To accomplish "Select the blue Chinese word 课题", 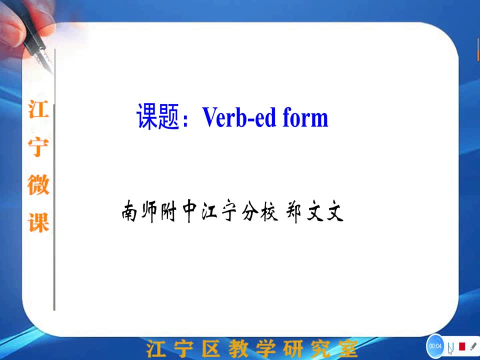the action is (157, 116).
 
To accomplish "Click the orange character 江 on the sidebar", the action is (38, 108).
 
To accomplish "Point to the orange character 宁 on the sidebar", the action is (38, 147).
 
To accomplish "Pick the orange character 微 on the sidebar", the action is (38, 184).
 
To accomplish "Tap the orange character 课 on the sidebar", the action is (38, 222).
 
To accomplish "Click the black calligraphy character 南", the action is (129, 211).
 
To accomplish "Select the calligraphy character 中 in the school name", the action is (189, 211).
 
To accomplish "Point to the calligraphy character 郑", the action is (293, 211).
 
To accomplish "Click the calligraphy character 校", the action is (269, 211).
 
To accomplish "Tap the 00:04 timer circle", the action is (435, 346).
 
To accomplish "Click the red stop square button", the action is (462, 346).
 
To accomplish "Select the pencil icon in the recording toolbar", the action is (473, 346).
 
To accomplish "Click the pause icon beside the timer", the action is (450, 346).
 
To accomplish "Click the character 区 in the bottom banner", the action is (211, 348).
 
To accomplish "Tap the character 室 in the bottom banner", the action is (348, 349).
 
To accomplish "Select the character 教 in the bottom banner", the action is (238, 348).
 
